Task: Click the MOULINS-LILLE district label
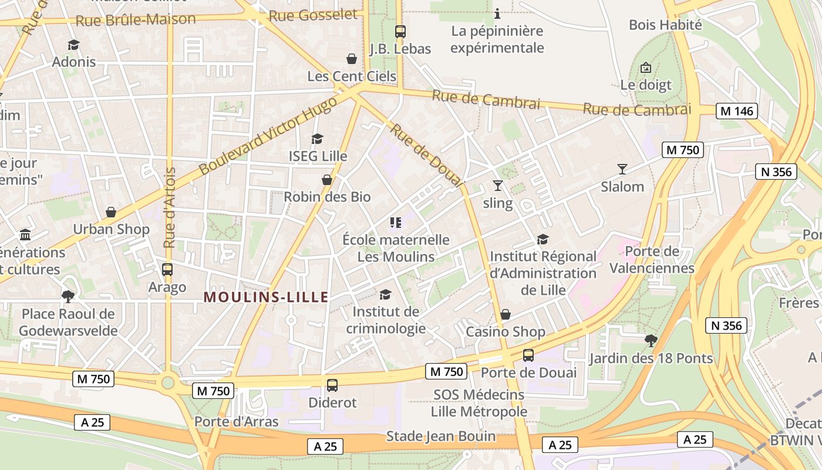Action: pyautogui.click(x=266, y=297)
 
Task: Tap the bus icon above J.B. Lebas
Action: pyautogui.click(x=400, y=32)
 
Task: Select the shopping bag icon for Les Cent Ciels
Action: pyautogui.click(x=352, y=59)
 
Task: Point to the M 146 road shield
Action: pyautogui.click(x=737, y=110)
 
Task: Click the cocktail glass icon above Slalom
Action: pyautogui.click(x=622, y=169)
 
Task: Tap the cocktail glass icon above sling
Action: pyautogui.click(x=498, y=186)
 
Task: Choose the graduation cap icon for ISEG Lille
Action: pyautogui.click(x=318, y=139)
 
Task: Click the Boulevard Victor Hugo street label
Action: pyautogui.click(x=268, y=136)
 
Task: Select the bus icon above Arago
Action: pyautogui.click(x=167, y=270)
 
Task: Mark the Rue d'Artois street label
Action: pyautogui.click(x=170, y=207)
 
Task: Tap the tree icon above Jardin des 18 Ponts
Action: pyautogui.click(x=651, y=340)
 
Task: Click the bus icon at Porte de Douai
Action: pyautogui.click(x=528, y=355)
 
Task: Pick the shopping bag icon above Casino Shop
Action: pyautogui.click(x=506, y=314)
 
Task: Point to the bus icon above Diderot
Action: pyautogui.click(x=332, y=385)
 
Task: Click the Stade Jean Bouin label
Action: pyautogui.click(x=441, y=437)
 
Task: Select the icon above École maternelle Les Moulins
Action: pyautogui.click(x=396, y=222)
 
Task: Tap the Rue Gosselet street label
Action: pyautogui.click(x=313, y=15)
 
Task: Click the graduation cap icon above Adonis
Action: pyautogui.click(x=73, y=45)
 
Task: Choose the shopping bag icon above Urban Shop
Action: pyautogui.click(x=111, y=212)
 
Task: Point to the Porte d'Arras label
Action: pyautogui.click(x=237, y=422)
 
